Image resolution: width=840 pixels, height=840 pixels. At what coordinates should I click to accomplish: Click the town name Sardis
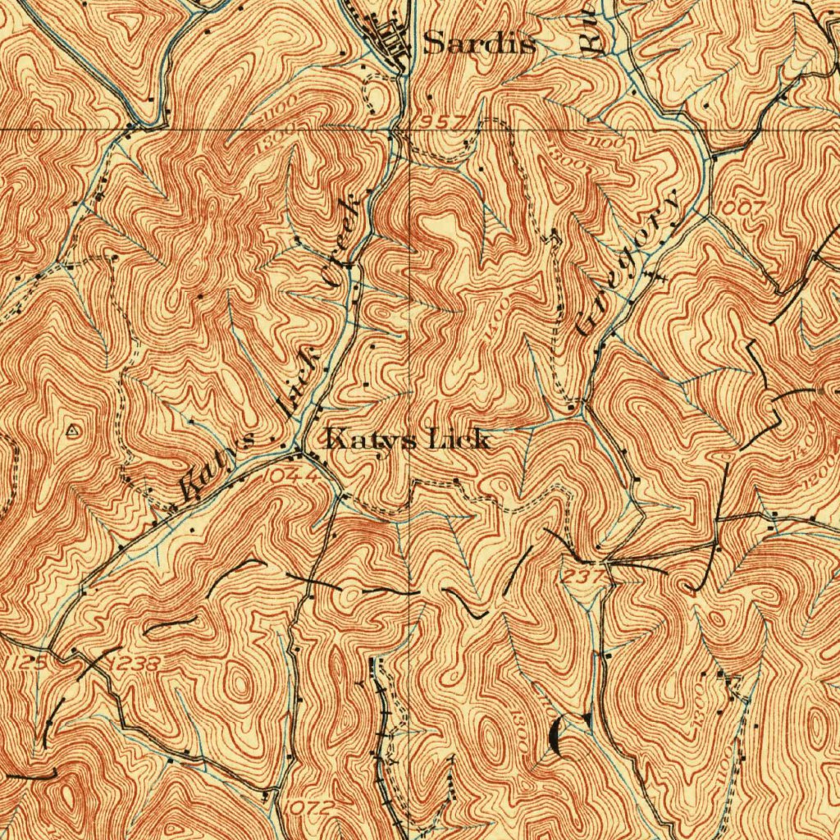coord(479,44)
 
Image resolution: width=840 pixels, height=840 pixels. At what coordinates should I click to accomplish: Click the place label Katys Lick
coord(408,440)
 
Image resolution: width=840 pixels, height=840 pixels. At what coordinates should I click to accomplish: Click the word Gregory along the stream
coord(628,262)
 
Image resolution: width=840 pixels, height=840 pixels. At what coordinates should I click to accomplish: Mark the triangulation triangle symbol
coord(73,429)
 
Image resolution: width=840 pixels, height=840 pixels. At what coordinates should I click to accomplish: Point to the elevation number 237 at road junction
coord(582,577)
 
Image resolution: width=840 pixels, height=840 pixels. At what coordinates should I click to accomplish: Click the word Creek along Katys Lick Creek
coord(342,241)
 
